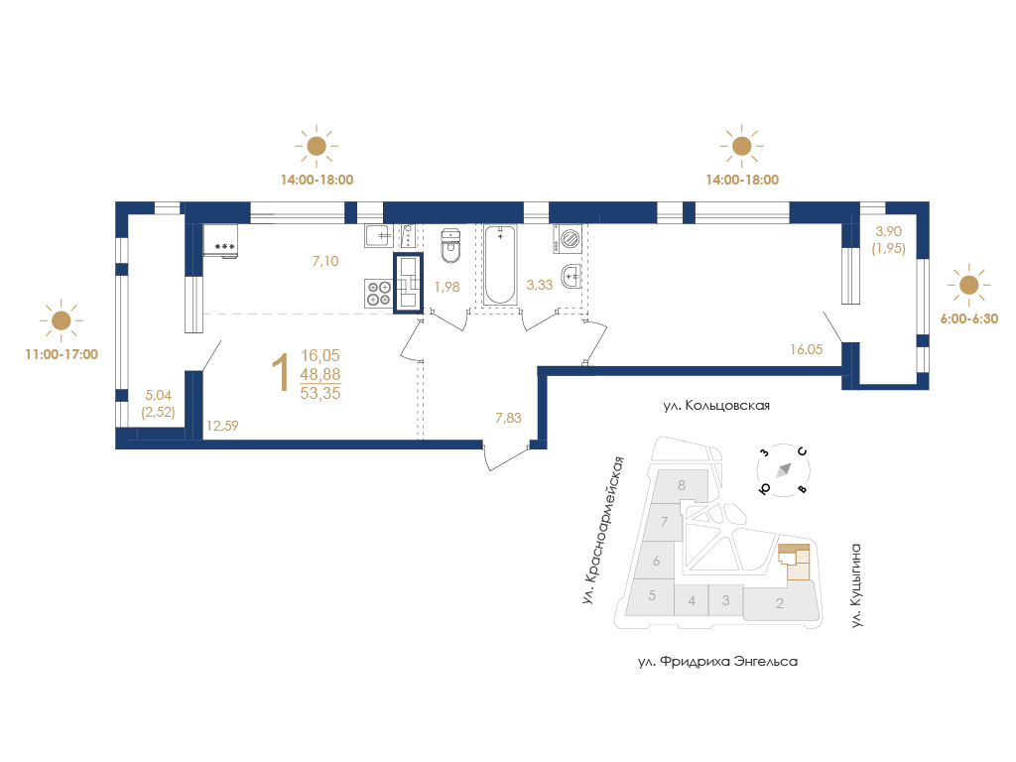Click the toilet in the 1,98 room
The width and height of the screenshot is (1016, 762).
click(x=450, y=246)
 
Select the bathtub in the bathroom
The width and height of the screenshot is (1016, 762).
click(x=500, y=264)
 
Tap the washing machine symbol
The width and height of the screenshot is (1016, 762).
click(x=567, y=239)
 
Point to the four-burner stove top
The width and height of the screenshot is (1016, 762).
click(x=378, y=293)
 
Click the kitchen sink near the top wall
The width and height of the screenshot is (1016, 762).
click(x=379, y=236)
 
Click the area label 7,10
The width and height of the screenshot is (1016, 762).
click(x=325, y=261)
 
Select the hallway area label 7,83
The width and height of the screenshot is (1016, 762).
click(x=508, y=418)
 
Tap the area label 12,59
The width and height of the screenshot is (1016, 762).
click(x=222, y=426)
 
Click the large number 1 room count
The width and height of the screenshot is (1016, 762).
click(x=280, y=373)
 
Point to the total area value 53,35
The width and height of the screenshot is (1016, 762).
click(x=320, y=393)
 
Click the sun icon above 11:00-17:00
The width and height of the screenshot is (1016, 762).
click(x=61, y=320)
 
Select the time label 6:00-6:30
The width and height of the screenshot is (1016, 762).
click(x=968, y=318)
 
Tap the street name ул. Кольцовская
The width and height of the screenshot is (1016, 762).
click(x=716, y=406)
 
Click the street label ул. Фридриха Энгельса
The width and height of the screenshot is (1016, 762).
click(x=717, y=662)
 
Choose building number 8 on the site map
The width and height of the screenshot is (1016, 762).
click(x=681, y=484)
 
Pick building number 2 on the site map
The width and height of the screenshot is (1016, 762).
click(x=780, y=603)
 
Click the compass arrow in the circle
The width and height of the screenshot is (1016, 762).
click(x=784, y=469)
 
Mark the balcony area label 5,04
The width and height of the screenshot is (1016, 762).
click(x=158, y=395)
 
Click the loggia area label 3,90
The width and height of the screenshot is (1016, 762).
click(x=888, y=231)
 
